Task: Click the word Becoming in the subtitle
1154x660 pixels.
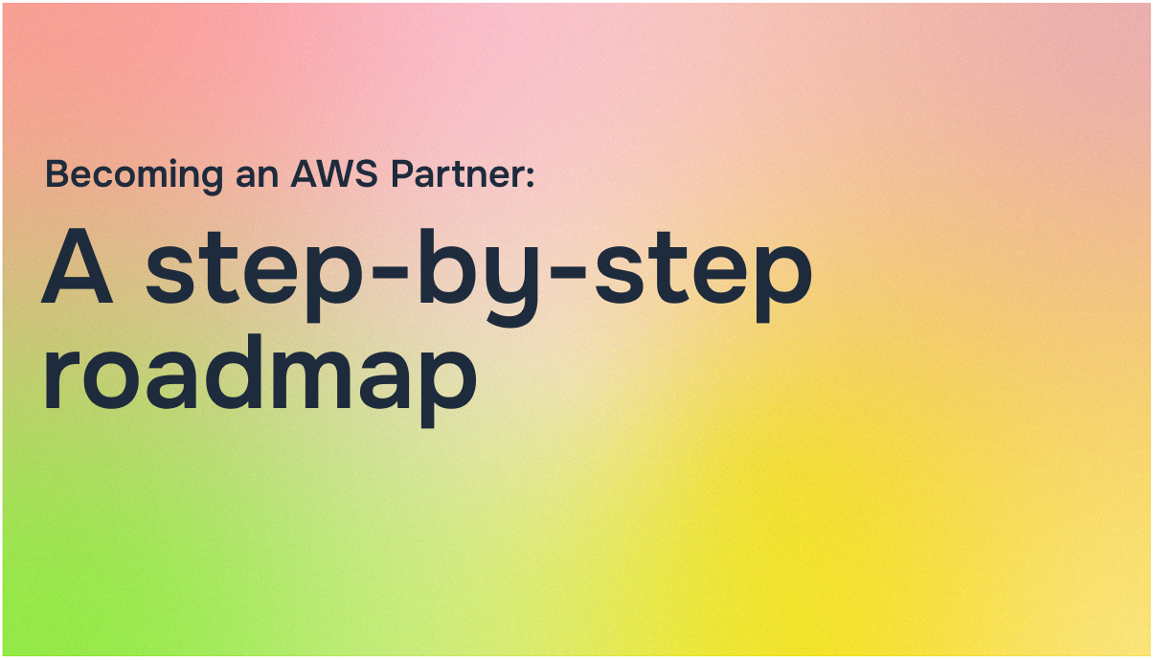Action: (x=122, y=176)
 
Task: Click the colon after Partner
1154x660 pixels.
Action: (x=527, y=177)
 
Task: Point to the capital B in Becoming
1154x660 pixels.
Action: (x=57, y=174)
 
